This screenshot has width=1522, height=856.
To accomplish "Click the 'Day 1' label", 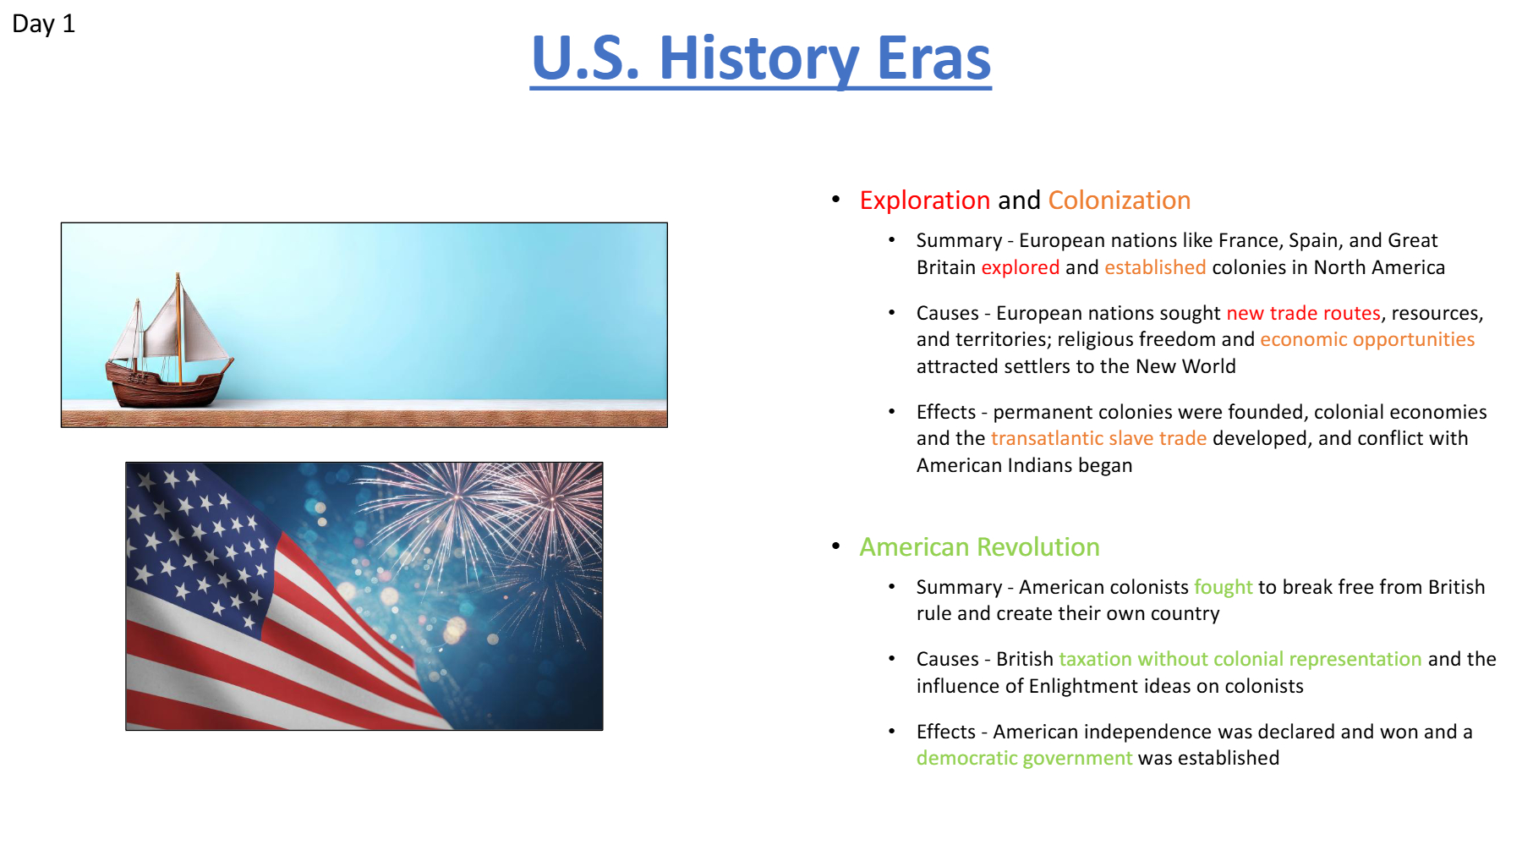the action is click(43, 24).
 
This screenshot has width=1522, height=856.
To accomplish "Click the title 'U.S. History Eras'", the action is click(761, 58).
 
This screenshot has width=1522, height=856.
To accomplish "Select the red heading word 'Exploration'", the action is click(924, 200).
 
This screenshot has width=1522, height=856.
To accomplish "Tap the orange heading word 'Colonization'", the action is click(1119, 200).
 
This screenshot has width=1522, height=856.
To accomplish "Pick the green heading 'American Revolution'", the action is click(979, 547).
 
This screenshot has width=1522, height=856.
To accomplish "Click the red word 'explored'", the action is click(1020, 267).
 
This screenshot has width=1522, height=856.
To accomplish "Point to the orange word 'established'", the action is click(1155, 267).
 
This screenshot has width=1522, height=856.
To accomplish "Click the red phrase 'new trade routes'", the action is click(1303, 313).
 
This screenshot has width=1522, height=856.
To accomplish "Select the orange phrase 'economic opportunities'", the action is click(1367, 340).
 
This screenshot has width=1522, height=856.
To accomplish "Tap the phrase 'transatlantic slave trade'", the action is click(1098, 438).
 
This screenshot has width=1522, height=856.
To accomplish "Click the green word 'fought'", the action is click(1223, 587).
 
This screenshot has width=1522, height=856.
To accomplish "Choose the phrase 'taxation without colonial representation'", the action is click(1240, 659).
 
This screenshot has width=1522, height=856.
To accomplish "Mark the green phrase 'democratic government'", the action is click(1024, 758).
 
